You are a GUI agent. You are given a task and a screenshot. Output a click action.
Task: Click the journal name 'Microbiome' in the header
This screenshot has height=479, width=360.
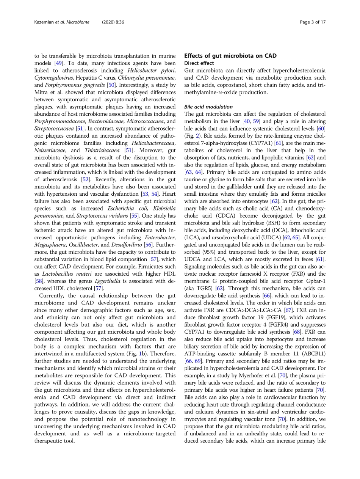77,22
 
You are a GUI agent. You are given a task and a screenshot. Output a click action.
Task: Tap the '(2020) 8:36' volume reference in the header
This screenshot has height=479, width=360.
114,22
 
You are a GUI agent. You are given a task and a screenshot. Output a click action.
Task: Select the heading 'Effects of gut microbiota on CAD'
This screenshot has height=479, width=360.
230,56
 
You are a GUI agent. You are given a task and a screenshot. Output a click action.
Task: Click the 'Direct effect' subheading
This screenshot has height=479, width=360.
199,63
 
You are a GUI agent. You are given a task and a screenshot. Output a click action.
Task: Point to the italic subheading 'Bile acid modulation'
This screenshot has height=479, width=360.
208,107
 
